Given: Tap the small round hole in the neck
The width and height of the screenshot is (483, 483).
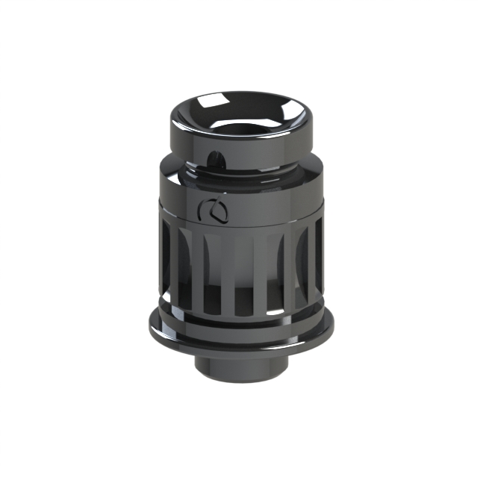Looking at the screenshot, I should coord(215,158).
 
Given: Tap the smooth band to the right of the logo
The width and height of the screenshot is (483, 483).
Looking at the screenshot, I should coord(276,209).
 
